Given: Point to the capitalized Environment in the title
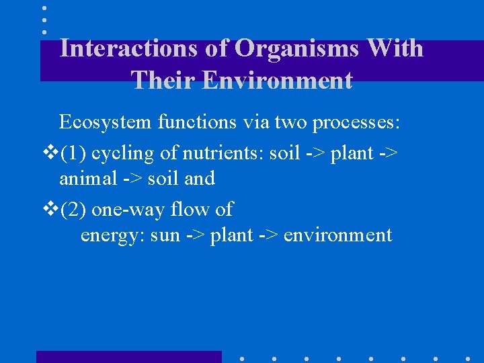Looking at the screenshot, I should [277, 80].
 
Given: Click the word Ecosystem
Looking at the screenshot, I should [106, 122].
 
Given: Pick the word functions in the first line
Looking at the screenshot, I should [202, 122].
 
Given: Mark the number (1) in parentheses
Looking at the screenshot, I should [73, 153].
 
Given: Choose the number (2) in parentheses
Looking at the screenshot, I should [73, 210].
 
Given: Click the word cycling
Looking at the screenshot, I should [122, 153].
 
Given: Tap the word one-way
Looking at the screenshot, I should [128, 210].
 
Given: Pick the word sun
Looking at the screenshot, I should [165, 236].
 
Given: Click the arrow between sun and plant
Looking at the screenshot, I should [194, 236].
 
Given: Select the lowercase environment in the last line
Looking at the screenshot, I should [337, 236].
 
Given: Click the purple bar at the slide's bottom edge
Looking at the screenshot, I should [128, 357].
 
